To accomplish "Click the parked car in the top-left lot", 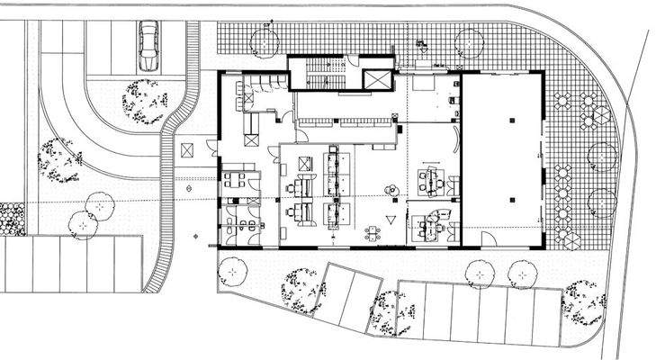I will click(148, 47).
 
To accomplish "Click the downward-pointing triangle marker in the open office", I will click(391, 220).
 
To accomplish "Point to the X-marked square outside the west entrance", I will click(187, 149).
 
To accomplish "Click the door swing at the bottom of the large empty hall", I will click(487, 239).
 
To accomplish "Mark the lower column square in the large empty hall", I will click(511, 197).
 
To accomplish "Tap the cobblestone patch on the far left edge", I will click(12, 219).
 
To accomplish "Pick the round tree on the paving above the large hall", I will click(470, 41).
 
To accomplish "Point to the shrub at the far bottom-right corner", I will click(582, 306).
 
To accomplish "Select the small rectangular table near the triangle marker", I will click(373, 234).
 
